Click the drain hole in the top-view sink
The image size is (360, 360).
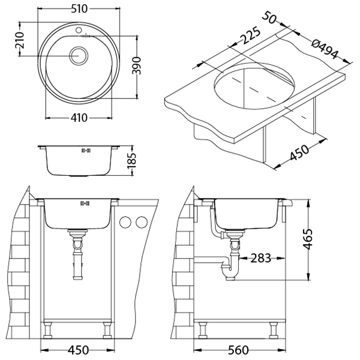pos(78,56)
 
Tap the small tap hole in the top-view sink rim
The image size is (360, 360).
pos(78,29)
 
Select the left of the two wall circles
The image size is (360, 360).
pos(126,223)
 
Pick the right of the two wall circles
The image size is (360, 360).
pos(141,223)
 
